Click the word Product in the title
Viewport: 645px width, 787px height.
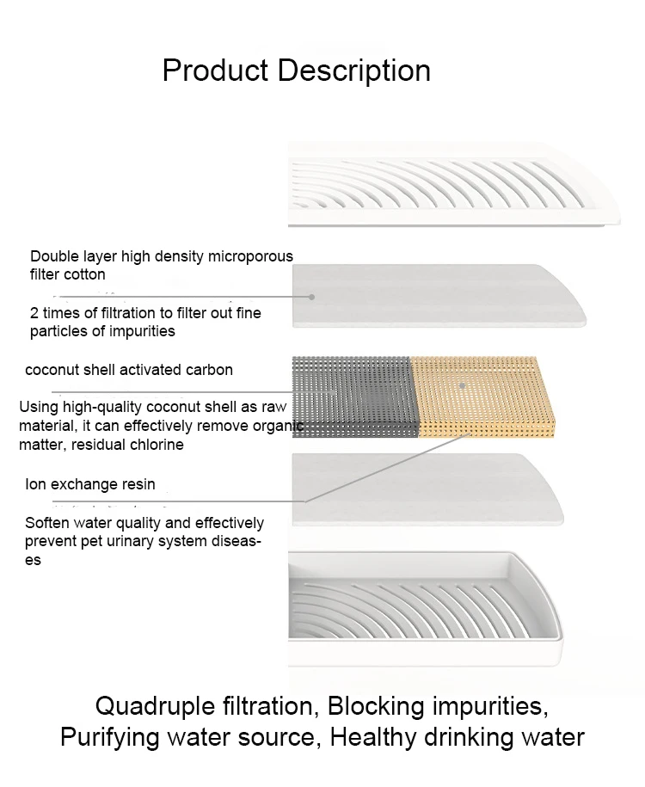(215, 71)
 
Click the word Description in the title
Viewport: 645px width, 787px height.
(353, 71)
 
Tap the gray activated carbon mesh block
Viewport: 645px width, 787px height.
(353, 397)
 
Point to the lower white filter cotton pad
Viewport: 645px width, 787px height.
(427, 489)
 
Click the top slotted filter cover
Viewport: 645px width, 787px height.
(453, 185)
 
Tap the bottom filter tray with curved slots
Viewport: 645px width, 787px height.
(425, 609)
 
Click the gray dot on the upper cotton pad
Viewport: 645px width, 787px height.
(311, 297)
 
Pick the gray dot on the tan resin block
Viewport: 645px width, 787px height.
(463, 385)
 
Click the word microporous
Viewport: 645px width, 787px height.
(250, 256)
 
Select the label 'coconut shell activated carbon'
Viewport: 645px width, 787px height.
(129, 370)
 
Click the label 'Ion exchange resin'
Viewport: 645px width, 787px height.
(90, 484)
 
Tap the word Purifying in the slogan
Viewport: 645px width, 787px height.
(110, 738)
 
